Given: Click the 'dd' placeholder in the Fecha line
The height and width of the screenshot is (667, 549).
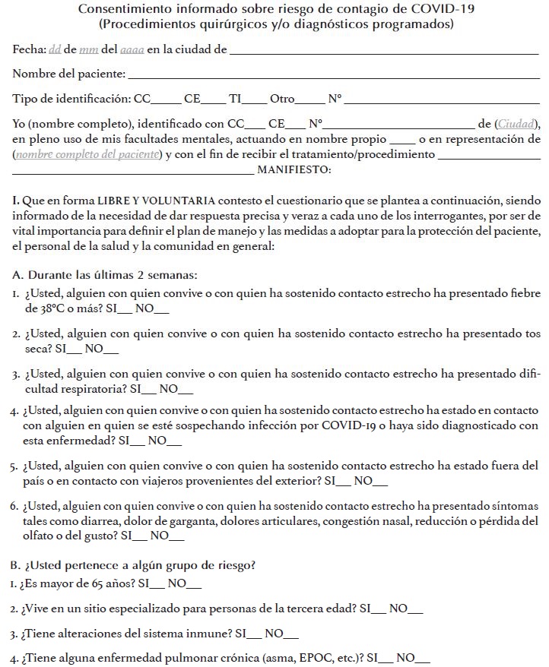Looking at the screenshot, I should [55, 50].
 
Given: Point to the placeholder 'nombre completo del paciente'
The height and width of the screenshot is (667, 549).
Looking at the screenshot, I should [87, 154].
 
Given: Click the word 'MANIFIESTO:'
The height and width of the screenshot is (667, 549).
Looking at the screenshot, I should [294, 169].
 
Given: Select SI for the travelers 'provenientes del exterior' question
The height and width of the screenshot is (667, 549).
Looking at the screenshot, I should [338, 481].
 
